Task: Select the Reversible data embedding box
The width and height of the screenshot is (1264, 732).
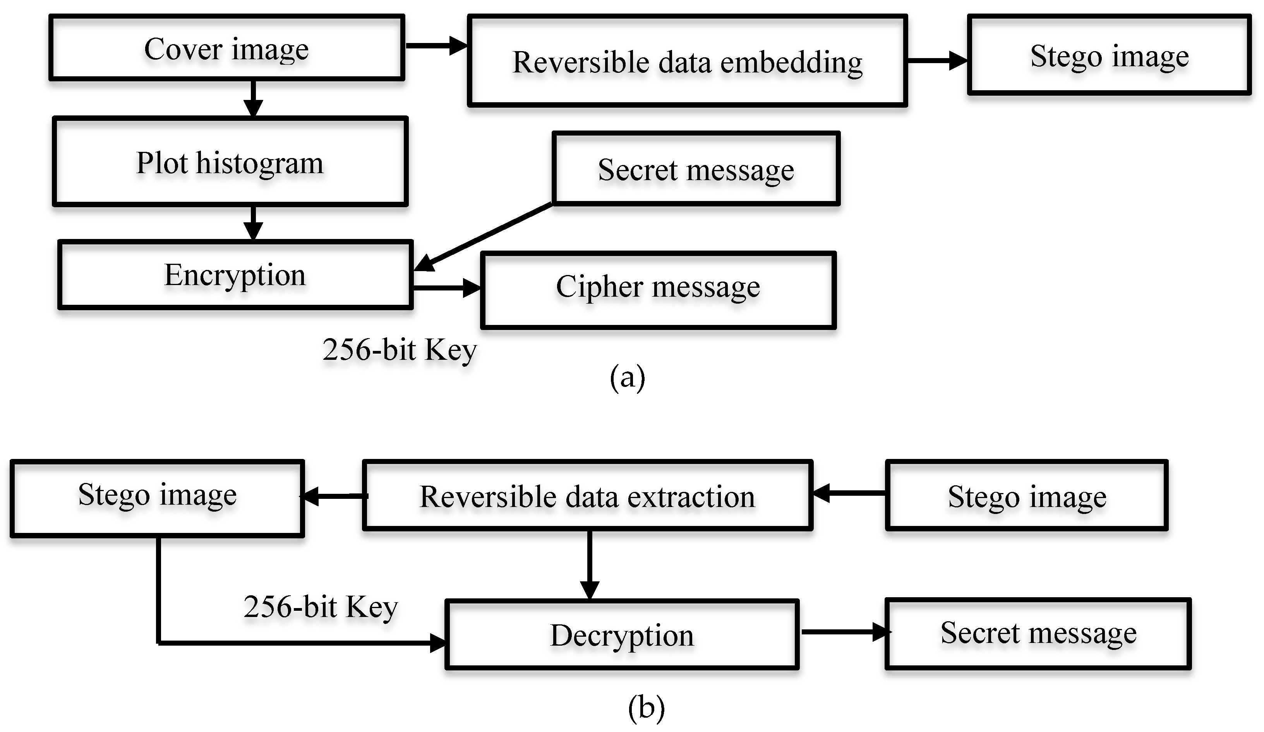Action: tap(687, 61)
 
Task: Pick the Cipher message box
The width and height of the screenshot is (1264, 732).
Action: tap(658, 290)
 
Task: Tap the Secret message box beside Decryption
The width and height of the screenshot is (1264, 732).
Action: tap(1038, 633)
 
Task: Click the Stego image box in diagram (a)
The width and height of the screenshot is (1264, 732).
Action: tap(1109, 55)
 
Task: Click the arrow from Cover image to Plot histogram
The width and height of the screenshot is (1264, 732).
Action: tap(253, 98)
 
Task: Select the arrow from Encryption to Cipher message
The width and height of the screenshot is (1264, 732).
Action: tap(446, 288)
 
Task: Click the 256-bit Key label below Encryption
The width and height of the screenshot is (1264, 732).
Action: tap(399, 350)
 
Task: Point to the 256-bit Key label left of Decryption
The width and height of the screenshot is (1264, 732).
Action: tap(321, 607)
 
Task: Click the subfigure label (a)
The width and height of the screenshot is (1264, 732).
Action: tap(627, 377)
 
